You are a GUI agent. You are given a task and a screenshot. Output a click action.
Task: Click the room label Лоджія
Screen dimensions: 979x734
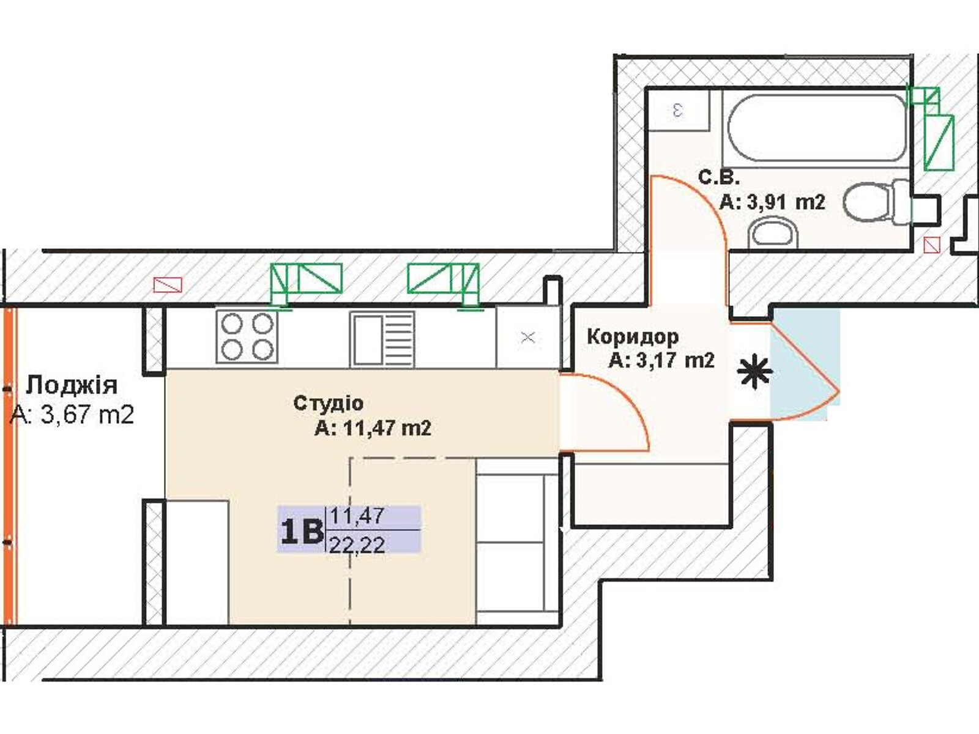tap(72, 386)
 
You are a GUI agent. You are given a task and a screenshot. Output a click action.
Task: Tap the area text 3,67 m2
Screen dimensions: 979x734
tap(87, 415)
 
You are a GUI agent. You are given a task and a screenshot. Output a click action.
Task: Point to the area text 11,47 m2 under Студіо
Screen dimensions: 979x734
tap(387, 429)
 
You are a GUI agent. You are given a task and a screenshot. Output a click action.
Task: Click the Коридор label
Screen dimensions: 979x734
tap(633, 337)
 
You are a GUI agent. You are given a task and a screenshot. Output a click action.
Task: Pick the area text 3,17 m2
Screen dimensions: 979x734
tap(676, 360)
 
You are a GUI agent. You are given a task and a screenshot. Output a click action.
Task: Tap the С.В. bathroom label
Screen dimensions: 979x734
tap(718, 178)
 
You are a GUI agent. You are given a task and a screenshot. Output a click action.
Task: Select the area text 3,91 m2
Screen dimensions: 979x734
tap(786, 203)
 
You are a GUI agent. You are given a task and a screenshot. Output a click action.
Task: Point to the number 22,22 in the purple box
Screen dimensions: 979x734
tap(357, 544)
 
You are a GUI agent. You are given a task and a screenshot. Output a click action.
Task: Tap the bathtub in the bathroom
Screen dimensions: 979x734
tap(817, 127)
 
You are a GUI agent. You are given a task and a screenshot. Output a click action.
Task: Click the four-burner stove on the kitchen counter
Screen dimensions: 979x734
tap(247, 336)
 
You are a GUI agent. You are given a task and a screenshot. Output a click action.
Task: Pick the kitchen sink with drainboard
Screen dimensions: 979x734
tap(382, 339)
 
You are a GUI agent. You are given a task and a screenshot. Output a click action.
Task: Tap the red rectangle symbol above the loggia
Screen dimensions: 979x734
tap(168, 285)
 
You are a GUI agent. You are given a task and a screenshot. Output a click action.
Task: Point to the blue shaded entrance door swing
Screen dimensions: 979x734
tap(805, 365)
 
